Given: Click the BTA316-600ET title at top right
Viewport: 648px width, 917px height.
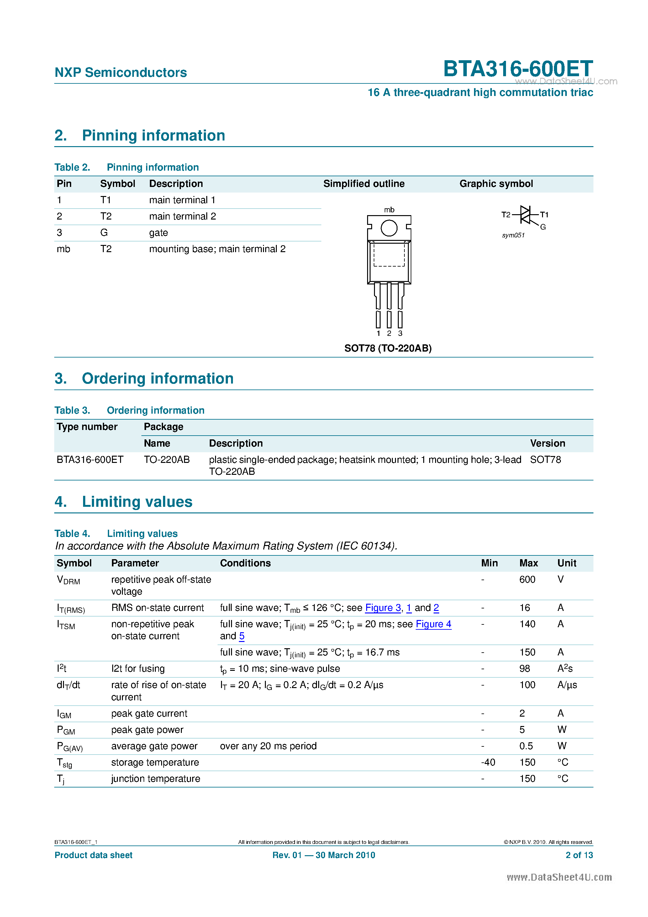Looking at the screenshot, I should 518,69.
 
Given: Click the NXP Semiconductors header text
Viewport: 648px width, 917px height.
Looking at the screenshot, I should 121,73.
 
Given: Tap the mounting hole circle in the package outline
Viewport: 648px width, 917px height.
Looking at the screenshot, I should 388,228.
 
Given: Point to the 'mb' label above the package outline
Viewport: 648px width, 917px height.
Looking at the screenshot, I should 389,210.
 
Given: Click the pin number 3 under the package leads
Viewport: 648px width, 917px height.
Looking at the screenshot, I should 400,333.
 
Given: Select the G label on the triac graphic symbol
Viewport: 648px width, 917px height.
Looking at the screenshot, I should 543,227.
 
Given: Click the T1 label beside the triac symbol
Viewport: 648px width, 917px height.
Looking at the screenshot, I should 544,215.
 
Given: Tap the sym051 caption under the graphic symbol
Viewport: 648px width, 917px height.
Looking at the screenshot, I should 513,235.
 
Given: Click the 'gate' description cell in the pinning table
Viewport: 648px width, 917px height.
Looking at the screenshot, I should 159,233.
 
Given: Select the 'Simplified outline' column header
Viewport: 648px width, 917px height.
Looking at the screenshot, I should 364,184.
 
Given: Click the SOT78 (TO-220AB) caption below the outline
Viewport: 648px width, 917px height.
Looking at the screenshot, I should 388,348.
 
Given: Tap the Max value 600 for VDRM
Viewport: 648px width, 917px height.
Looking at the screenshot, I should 527,580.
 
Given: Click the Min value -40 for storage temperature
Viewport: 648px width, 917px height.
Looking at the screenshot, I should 488,762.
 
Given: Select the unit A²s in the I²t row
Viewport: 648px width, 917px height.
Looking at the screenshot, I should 565,669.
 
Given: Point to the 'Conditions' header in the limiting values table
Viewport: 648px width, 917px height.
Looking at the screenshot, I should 245,563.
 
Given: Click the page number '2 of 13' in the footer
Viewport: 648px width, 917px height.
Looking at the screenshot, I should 579,855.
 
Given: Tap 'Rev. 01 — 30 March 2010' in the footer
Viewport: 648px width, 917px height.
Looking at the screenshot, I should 324,855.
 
